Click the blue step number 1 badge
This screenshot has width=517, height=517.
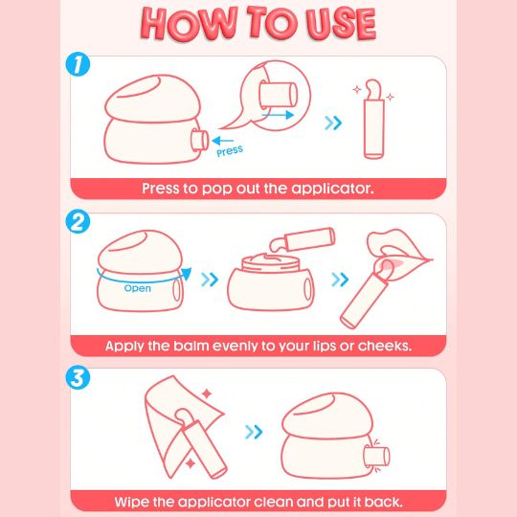click(x=78, y=64)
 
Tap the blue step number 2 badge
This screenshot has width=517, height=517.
click(x=78, y=221)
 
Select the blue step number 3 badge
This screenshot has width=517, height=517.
click(x=78, y=377)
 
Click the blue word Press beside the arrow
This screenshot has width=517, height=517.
click(x=230, y=151)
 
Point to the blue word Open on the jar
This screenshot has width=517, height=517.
click(x=138, y=288)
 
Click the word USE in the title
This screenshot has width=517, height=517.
click(x=341, y=24)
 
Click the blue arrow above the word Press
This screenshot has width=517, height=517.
click(x=223, y=141)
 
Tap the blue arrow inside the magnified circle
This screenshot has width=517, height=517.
click(x=278, y=115)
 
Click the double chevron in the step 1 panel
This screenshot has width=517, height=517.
click(x=333, y=123)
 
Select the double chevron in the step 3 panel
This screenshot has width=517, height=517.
click(x=254, y=432)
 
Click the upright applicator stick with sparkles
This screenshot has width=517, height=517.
click(x=373, y=120)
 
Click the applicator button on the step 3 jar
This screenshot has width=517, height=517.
click(x=376, y=457)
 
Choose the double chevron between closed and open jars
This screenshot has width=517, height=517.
click(x=210, y=280)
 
